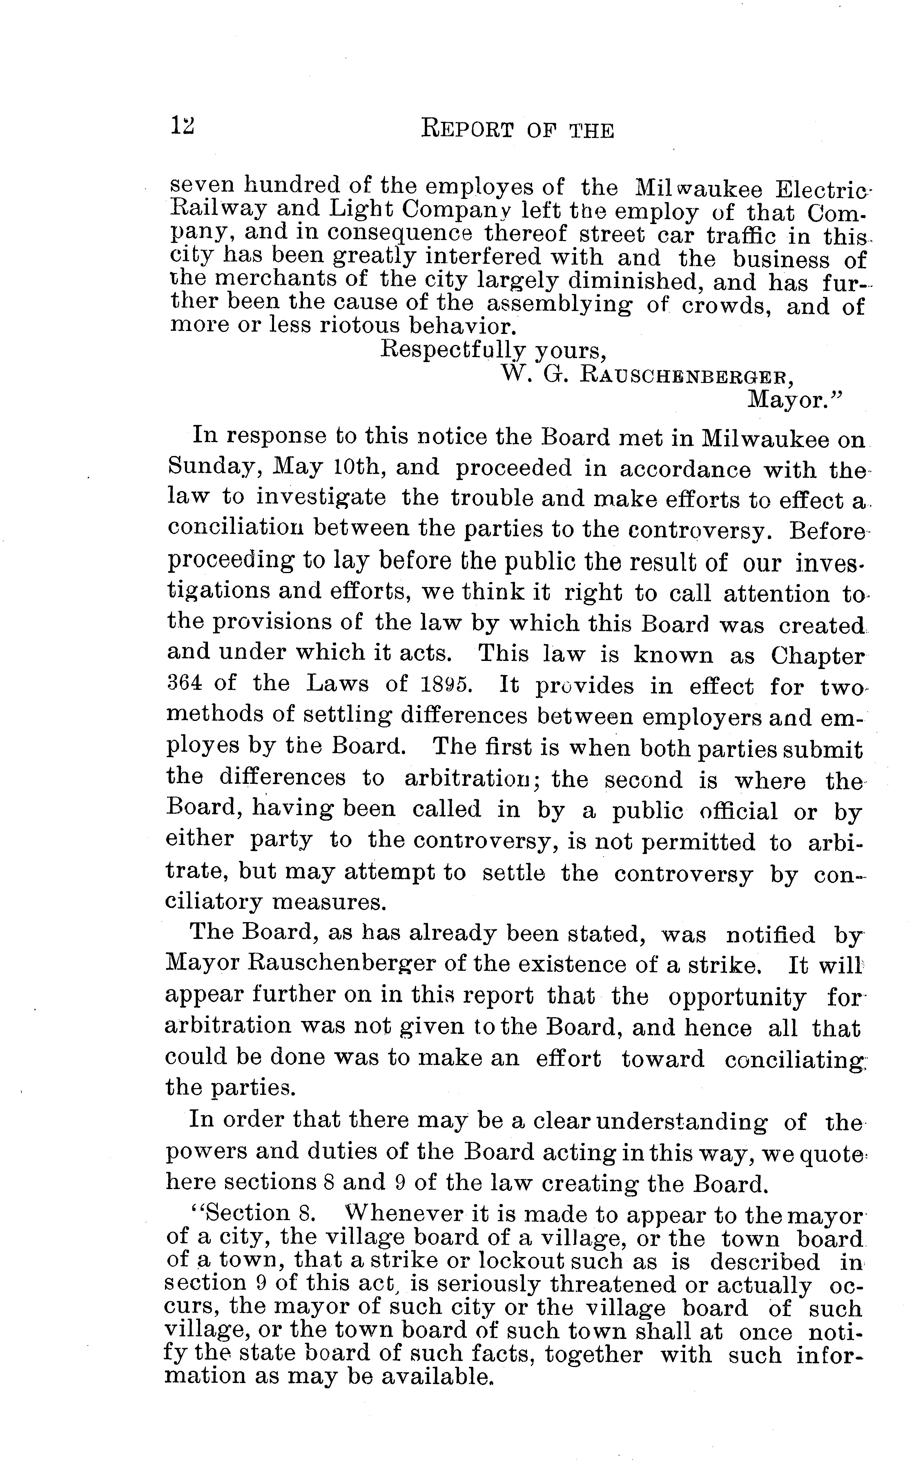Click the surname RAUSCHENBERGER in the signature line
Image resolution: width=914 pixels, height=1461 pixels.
click(686, 376)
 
